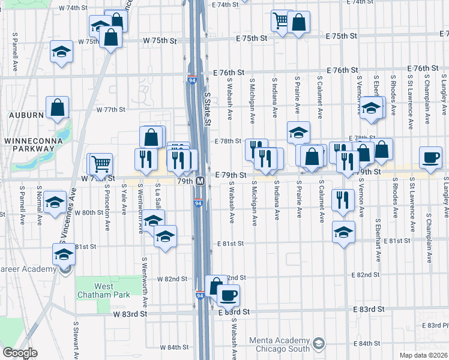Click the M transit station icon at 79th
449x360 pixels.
tap(200, 181)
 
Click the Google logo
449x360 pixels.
tap(20, 353)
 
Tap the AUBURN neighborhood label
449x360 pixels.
tap(26, 115)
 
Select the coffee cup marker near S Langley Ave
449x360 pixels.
tap(430, 157)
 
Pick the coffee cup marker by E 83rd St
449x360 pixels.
tap(228, 295)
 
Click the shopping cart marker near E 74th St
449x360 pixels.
tap(280, 20)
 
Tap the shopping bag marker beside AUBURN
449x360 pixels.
tap(58, 109)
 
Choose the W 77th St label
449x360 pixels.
tap(110, 110)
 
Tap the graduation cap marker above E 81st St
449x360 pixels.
tap(343, 232)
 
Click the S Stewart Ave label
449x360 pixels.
tap(76, 340)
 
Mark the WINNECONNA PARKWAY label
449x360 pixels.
tap(30, 145)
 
